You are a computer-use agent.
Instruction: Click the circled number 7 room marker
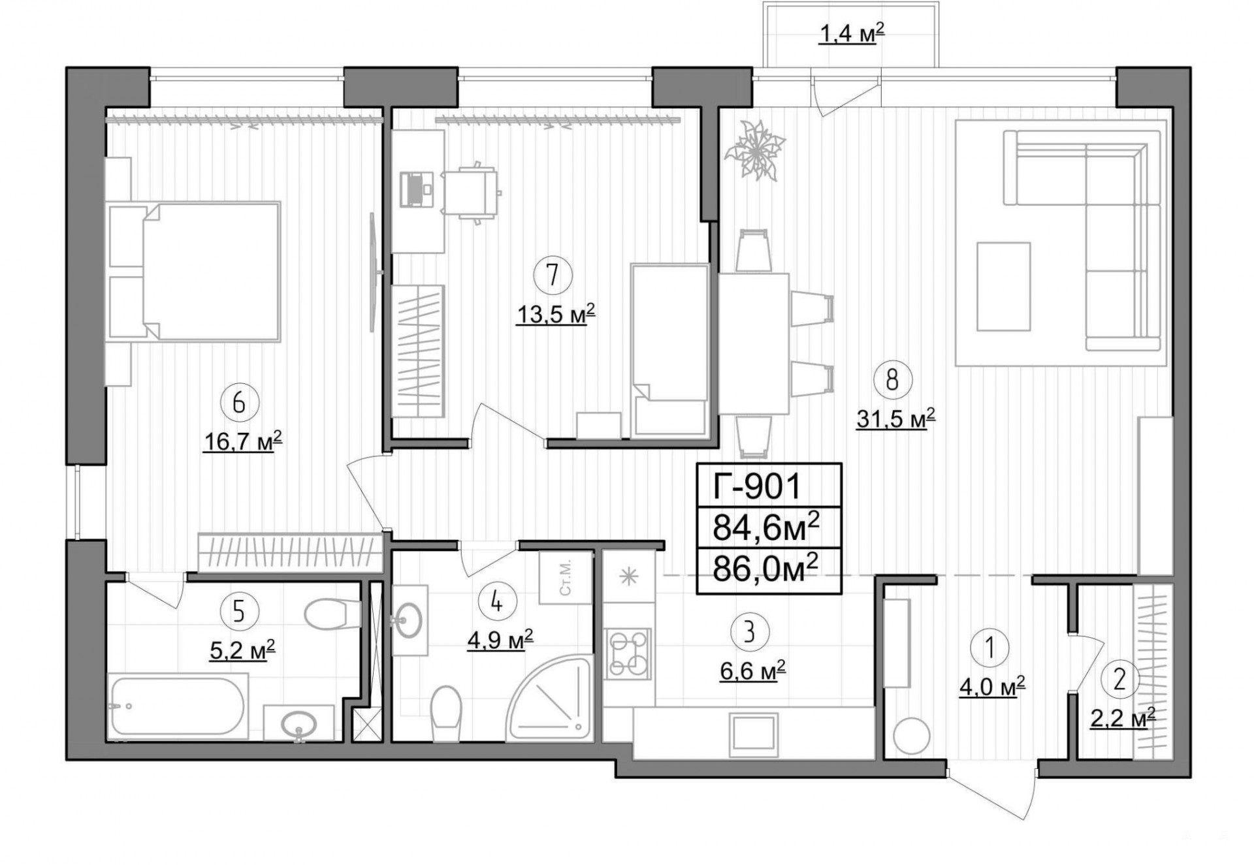tap(553, 275)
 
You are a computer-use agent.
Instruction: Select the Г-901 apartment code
tap(757, 486)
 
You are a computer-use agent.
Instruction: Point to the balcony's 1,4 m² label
tap(852, 33)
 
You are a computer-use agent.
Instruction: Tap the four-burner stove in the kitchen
tap(628, 653)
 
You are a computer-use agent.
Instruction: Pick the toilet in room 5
tap(332, 614)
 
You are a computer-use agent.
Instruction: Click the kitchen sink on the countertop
tap(755, 733)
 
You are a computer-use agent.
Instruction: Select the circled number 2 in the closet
tap(1119, 680)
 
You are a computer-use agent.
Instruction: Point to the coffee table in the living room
tap(1003, 287)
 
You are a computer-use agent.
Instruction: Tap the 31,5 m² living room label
tap(895, 418)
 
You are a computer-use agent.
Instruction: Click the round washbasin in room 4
tap(410, 619)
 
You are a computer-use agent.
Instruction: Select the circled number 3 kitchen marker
tap(749, 631)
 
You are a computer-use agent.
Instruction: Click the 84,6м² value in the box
tap(765, 527)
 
